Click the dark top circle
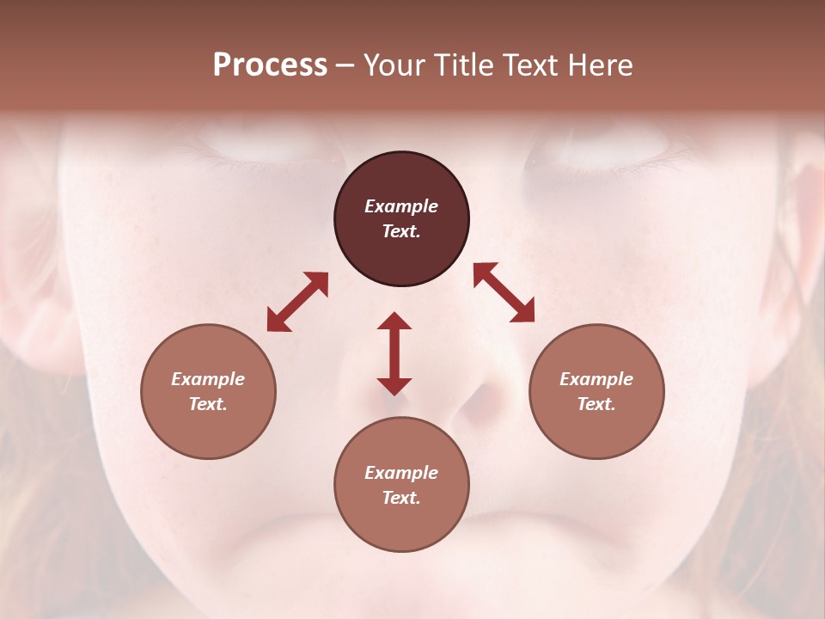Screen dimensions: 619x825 (x=401, y=219)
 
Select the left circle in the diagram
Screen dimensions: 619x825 (x=208, y=391)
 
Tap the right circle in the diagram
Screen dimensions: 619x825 (x=596, y=391)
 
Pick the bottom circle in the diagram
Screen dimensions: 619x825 (x=401, y=485)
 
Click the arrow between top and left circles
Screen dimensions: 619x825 (x=297, y=302)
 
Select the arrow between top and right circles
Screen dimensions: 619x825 (x=504, y=292)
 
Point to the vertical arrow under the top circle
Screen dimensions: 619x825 (x=394, y=353)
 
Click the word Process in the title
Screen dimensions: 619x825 (x=270, y=64)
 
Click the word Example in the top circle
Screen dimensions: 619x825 (x=401, y=206)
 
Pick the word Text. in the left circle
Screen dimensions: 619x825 (x=208, y=404)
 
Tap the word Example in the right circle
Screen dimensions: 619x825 (x=596, y=379)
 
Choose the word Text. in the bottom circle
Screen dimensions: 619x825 (x=401, y=498)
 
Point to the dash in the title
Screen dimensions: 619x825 (x=345, y=65)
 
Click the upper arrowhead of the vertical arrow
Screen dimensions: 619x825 (x=394, y=321)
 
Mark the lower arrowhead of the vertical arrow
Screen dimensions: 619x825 (x=394, y=386)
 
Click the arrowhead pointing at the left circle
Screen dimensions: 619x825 (x=278, y=322)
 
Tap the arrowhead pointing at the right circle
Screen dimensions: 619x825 (x=524, y=312)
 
